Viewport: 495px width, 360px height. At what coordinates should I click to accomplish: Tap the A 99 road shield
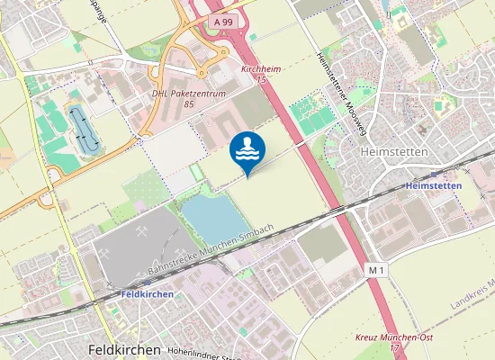[224, 19]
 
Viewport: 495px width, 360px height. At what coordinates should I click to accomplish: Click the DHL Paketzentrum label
[188, 93]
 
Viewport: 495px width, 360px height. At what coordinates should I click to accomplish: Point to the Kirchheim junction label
[261, 68]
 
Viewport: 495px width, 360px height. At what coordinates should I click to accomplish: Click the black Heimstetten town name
[393, 152]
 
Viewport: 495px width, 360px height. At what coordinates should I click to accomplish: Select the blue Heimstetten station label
[434, 185]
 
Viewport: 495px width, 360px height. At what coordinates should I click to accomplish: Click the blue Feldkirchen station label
[146, 294]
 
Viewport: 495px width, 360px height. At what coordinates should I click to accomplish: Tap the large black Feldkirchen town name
[124, 349]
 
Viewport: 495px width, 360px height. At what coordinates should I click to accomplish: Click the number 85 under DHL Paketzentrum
[189, 104]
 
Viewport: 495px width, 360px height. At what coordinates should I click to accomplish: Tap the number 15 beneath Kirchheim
[262, 80]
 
